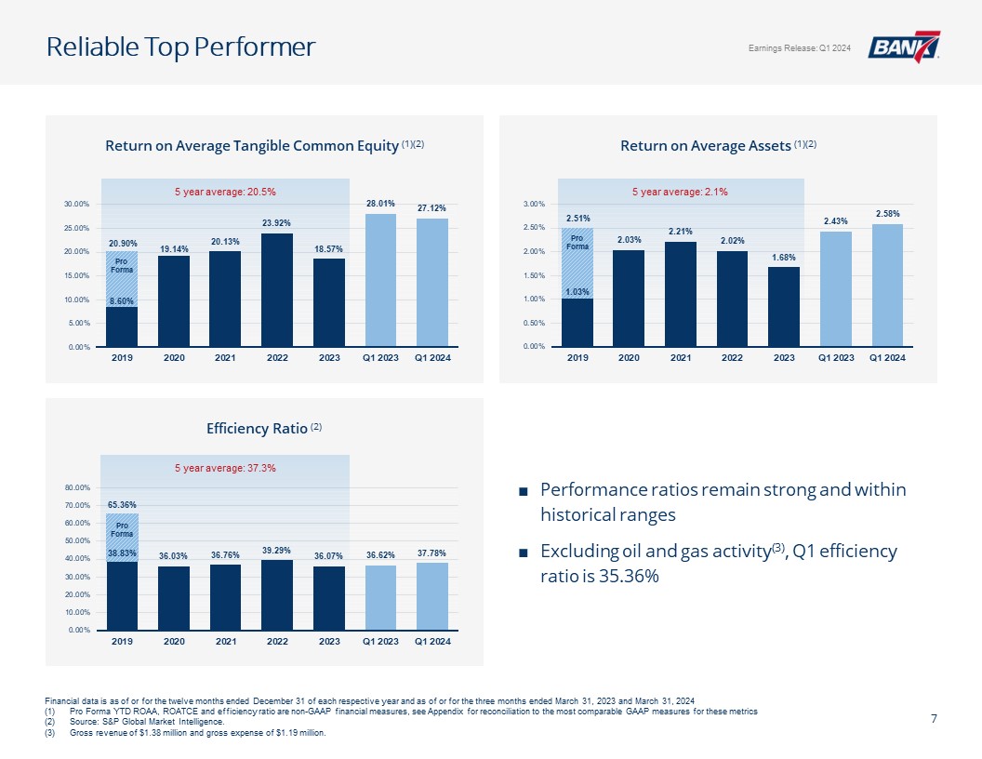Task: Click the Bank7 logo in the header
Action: [903, 47]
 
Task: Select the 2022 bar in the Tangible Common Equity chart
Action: [277, 289]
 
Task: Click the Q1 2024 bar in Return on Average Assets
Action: [887, 285]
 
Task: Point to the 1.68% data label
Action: [784, 257]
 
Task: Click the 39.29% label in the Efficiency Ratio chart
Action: [277, 549]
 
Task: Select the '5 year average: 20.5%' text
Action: [226, 192]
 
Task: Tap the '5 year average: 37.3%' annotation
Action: [226, 468]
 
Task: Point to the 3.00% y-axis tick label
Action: [533, 204]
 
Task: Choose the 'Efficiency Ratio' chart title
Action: [257, 429]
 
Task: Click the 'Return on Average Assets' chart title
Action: [706, 146]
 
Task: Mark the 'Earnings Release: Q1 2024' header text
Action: [799, 48]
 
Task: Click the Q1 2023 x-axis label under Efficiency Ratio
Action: [380, 642]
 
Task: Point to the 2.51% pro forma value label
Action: [577, 219]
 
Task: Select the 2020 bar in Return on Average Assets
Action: [629, 298]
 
